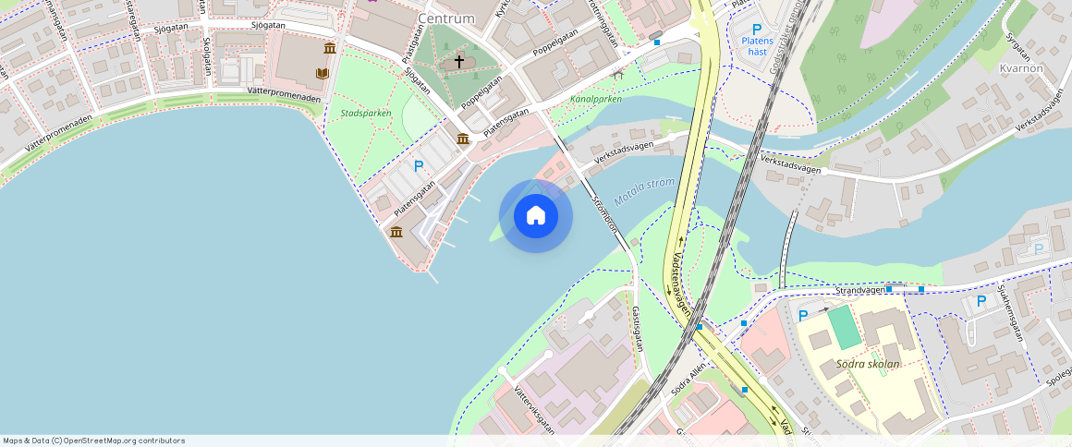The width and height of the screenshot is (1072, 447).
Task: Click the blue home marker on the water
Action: (535, 216)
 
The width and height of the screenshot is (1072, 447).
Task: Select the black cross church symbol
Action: (459, 63)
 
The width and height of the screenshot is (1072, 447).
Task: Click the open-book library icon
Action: (323, 73)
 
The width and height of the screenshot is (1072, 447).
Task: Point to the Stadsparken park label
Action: (366, 114)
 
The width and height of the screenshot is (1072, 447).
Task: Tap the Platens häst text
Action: (757, 45)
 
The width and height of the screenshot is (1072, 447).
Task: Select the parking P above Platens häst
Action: (757, 30)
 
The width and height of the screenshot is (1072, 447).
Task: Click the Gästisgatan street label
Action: (637, 330)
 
